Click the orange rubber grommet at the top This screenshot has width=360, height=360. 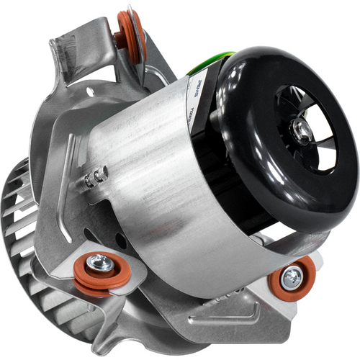pyautogui.click(x=131, y=35)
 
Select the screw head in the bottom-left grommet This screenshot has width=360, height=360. pyautogui.click(x=101, y=264)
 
